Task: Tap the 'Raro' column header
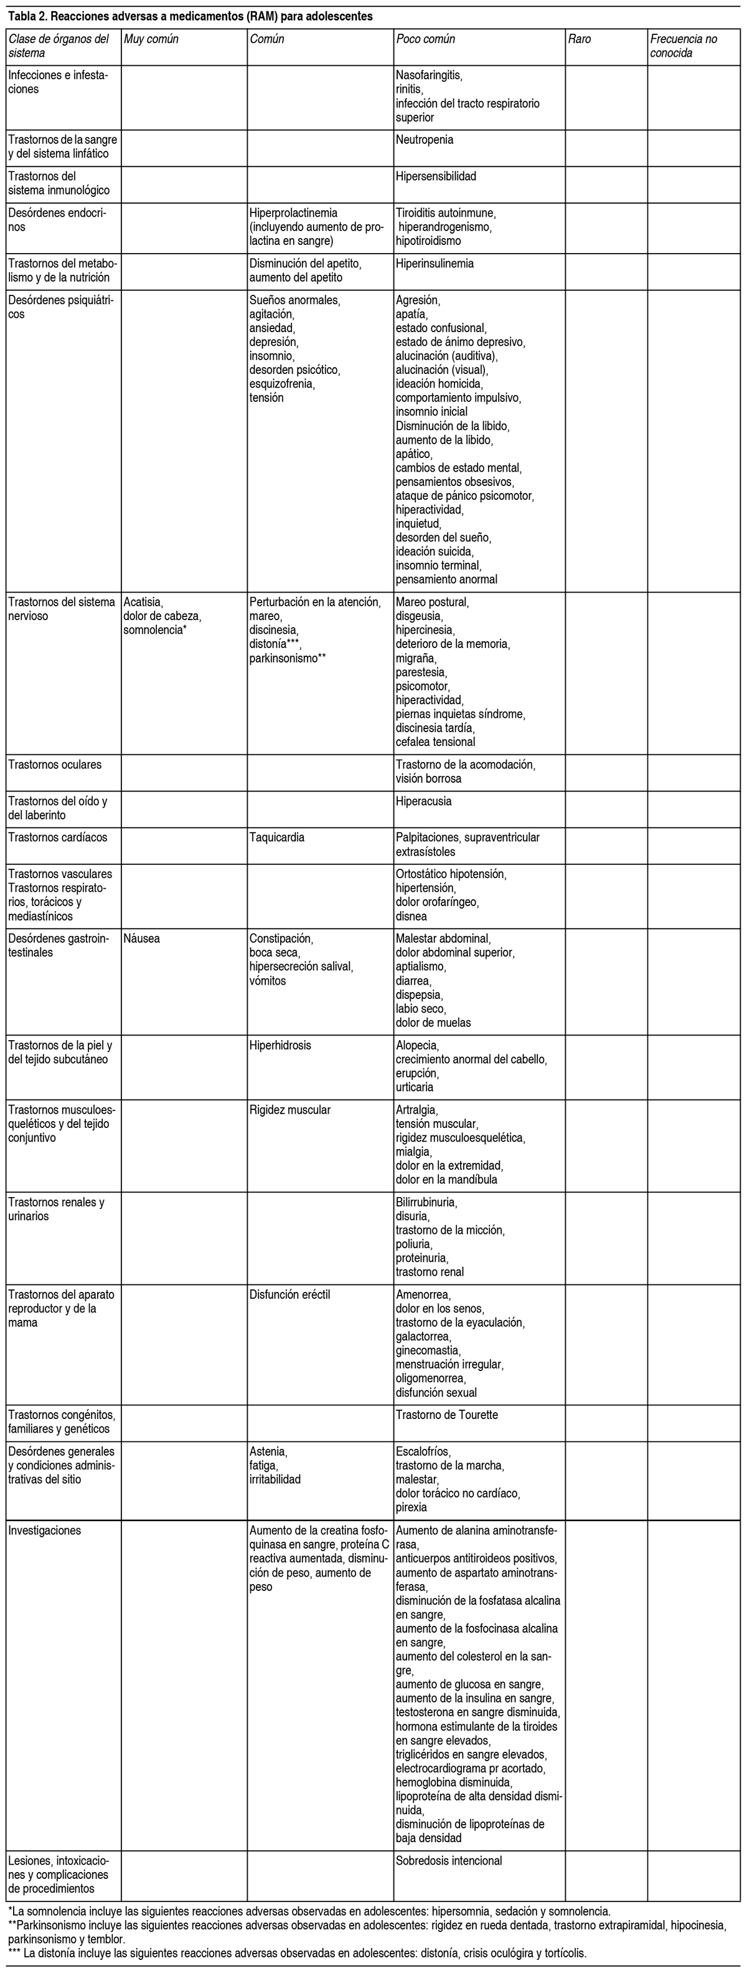(x=580, y=39)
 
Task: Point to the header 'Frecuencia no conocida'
(x=684, y=46)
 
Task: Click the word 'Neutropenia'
(x=424, y=140)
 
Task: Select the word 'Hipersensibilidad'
(x=436, y=176)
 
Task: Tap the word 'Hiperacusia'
(x=423, y=801)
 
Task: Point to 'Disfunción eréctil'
(x=290, y=1294)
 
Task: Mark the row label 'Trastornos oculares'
(x=54, y=765)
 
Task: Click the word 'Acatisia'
(x=143, y=602)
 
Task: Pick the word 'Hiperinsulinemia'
(x=434, y=264)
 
